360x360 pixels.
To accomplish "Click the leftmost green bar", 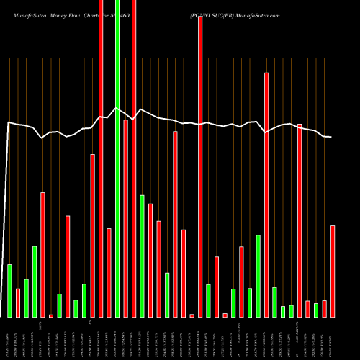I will point(10,291).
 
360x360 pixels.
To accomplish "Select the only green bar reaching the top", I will point(117,158).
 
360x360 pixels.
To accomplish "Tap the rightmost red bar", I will point(333,271).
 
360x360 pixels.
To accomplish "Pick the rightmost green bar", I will point(316,310).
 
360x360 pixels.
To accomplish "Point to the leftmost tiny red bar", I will point(51,315).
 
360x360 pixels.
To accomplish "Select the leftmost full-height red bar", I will point(101,158).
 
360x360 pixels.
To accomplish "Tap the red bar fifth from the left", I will point(93,235).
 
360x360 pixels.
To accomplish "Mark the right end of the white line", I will point(331,137).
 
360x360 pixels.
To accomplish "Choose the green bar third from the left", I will point(35,282).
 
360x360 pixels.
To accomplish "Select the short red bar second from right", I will point(325,309).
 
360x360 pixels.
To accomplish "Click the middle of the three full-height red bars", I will point(134,158).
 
